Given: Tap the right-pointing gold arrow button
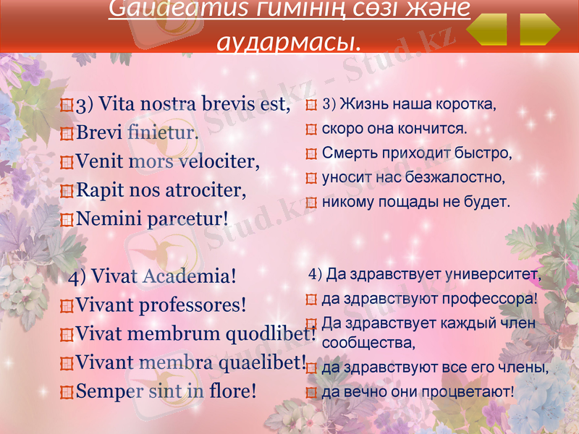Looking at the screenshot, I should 540,30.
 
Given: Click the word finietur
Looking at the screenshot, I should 162,133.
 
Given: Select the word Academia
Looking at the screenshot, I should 190,276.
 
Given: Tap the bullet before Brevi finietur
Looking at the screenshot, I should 67,134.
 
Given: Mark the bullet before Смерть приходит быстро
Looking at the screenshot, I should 311,154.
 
